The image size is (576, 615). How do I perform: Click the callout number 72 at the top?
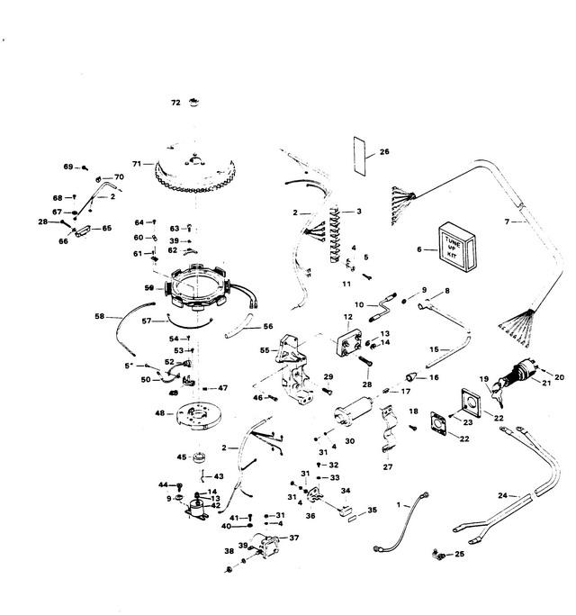pos(175,104)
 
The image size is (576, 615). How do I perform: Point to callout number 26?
pos(384,152)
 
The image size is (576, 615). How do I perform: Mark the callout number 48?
pos(158,413)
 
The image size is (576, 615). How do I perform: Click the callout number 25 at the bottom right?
pos(460,554)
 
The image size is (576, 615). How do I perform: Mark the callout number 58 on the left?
pos(100,316)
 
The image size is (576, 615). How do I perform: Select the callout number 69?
pos(67,167)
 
